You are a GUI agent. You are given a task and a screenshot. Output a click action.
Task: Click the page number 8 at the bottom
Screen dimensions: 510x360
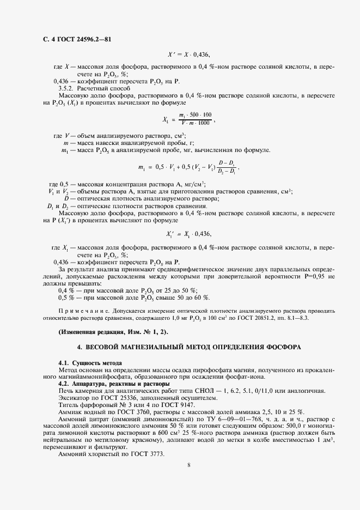point(188,465)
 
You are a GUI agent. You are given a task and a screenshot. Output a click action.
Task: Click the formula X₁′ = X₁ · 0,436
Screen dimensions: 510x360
point(188,234)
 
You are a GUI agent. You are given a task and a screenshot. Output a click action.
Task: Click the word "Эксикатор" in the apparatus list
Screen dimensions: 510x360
point(75,397)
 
